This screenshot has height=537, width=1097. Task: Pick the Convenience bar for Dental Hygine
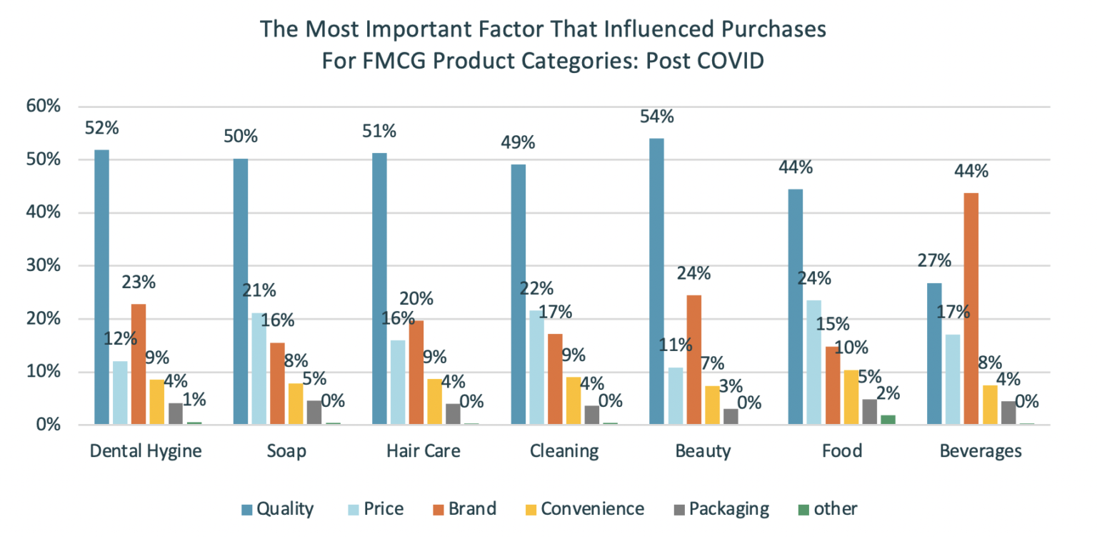tap(157, 401)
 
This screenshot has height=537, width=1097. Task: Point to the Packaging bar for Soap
tap(315, 413)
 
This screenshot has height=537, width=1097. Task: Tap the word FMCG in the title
tap(390, 60)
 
